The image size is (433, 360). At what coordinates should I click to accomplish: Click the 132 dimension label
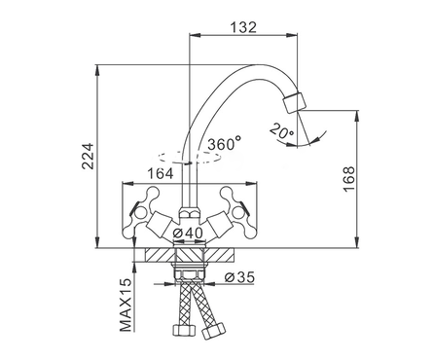coord(243,27)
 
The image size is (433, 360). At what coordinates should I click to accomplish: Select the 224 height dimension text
coord(88,156)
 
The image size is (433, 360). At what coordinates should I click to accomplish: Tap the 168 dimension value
coord(349,179)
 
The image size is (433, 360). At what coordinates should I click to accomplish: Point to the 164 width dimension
coord(161,174)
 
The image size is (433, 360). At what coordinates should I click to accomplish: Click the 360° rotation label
coord(225,144)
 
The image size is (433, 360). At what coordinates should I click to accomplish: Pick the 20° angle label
coord(281,131)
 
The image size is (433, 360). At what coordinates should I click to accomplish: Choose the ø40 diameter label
coord(188,233)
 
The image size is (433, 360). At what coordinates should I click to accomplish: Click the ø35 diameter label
coord(239,277)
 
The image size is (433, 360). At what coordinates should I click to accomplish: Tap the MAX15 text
coord(126,305)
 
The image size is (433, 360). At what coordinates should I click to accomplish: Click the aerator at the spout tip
coord(295,102)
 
